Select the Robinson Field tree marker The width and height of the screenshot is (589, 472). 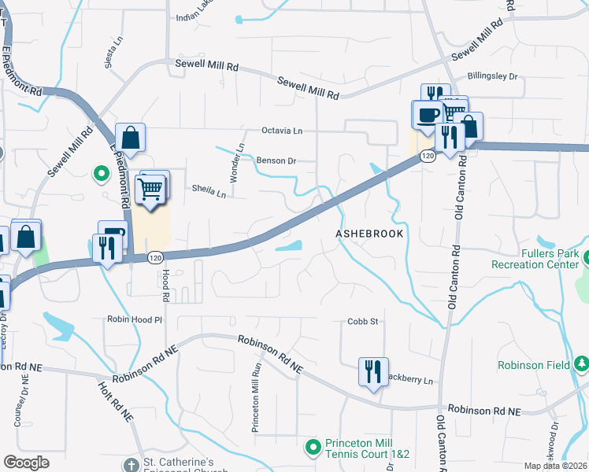tap(582, 364)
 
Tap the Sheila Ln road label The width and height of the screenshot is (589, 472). tap(209, 190)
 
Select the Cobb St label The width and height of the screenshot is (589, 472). tap(363, 322)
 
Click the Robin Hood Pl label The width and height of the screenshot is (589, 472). tap(135, 320)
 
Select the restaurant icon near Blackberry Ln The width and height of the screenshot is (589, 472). tap(372, 371)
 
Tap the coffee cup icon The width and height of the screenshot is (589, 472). tap(428, 114)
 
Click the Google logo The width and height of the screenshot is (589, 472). tap(26, 463)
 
